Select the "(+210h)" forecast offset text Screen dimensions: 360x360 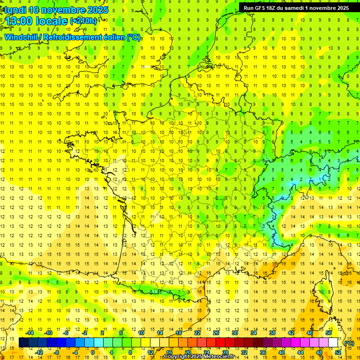pos(84,21)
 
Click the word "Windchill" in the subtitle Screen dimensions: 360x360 pos(22,37)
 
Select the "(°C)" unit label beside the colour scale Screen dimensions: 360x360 pos(349,343)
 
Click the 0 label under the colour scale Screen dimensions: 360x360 pos(93,352)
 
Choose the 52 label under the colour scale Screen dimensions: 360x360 pos(338,352)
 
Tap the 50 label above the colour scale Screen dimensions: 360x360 pos(328,333)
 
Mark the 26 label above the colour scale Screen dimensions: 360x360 pos(216,333)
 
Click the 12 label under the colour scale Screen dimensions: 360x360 pos(150,352)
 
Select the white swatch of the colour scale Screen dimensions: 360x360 pos(333,343)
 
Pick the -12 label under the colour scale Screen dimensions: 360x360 pos(39,352)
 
